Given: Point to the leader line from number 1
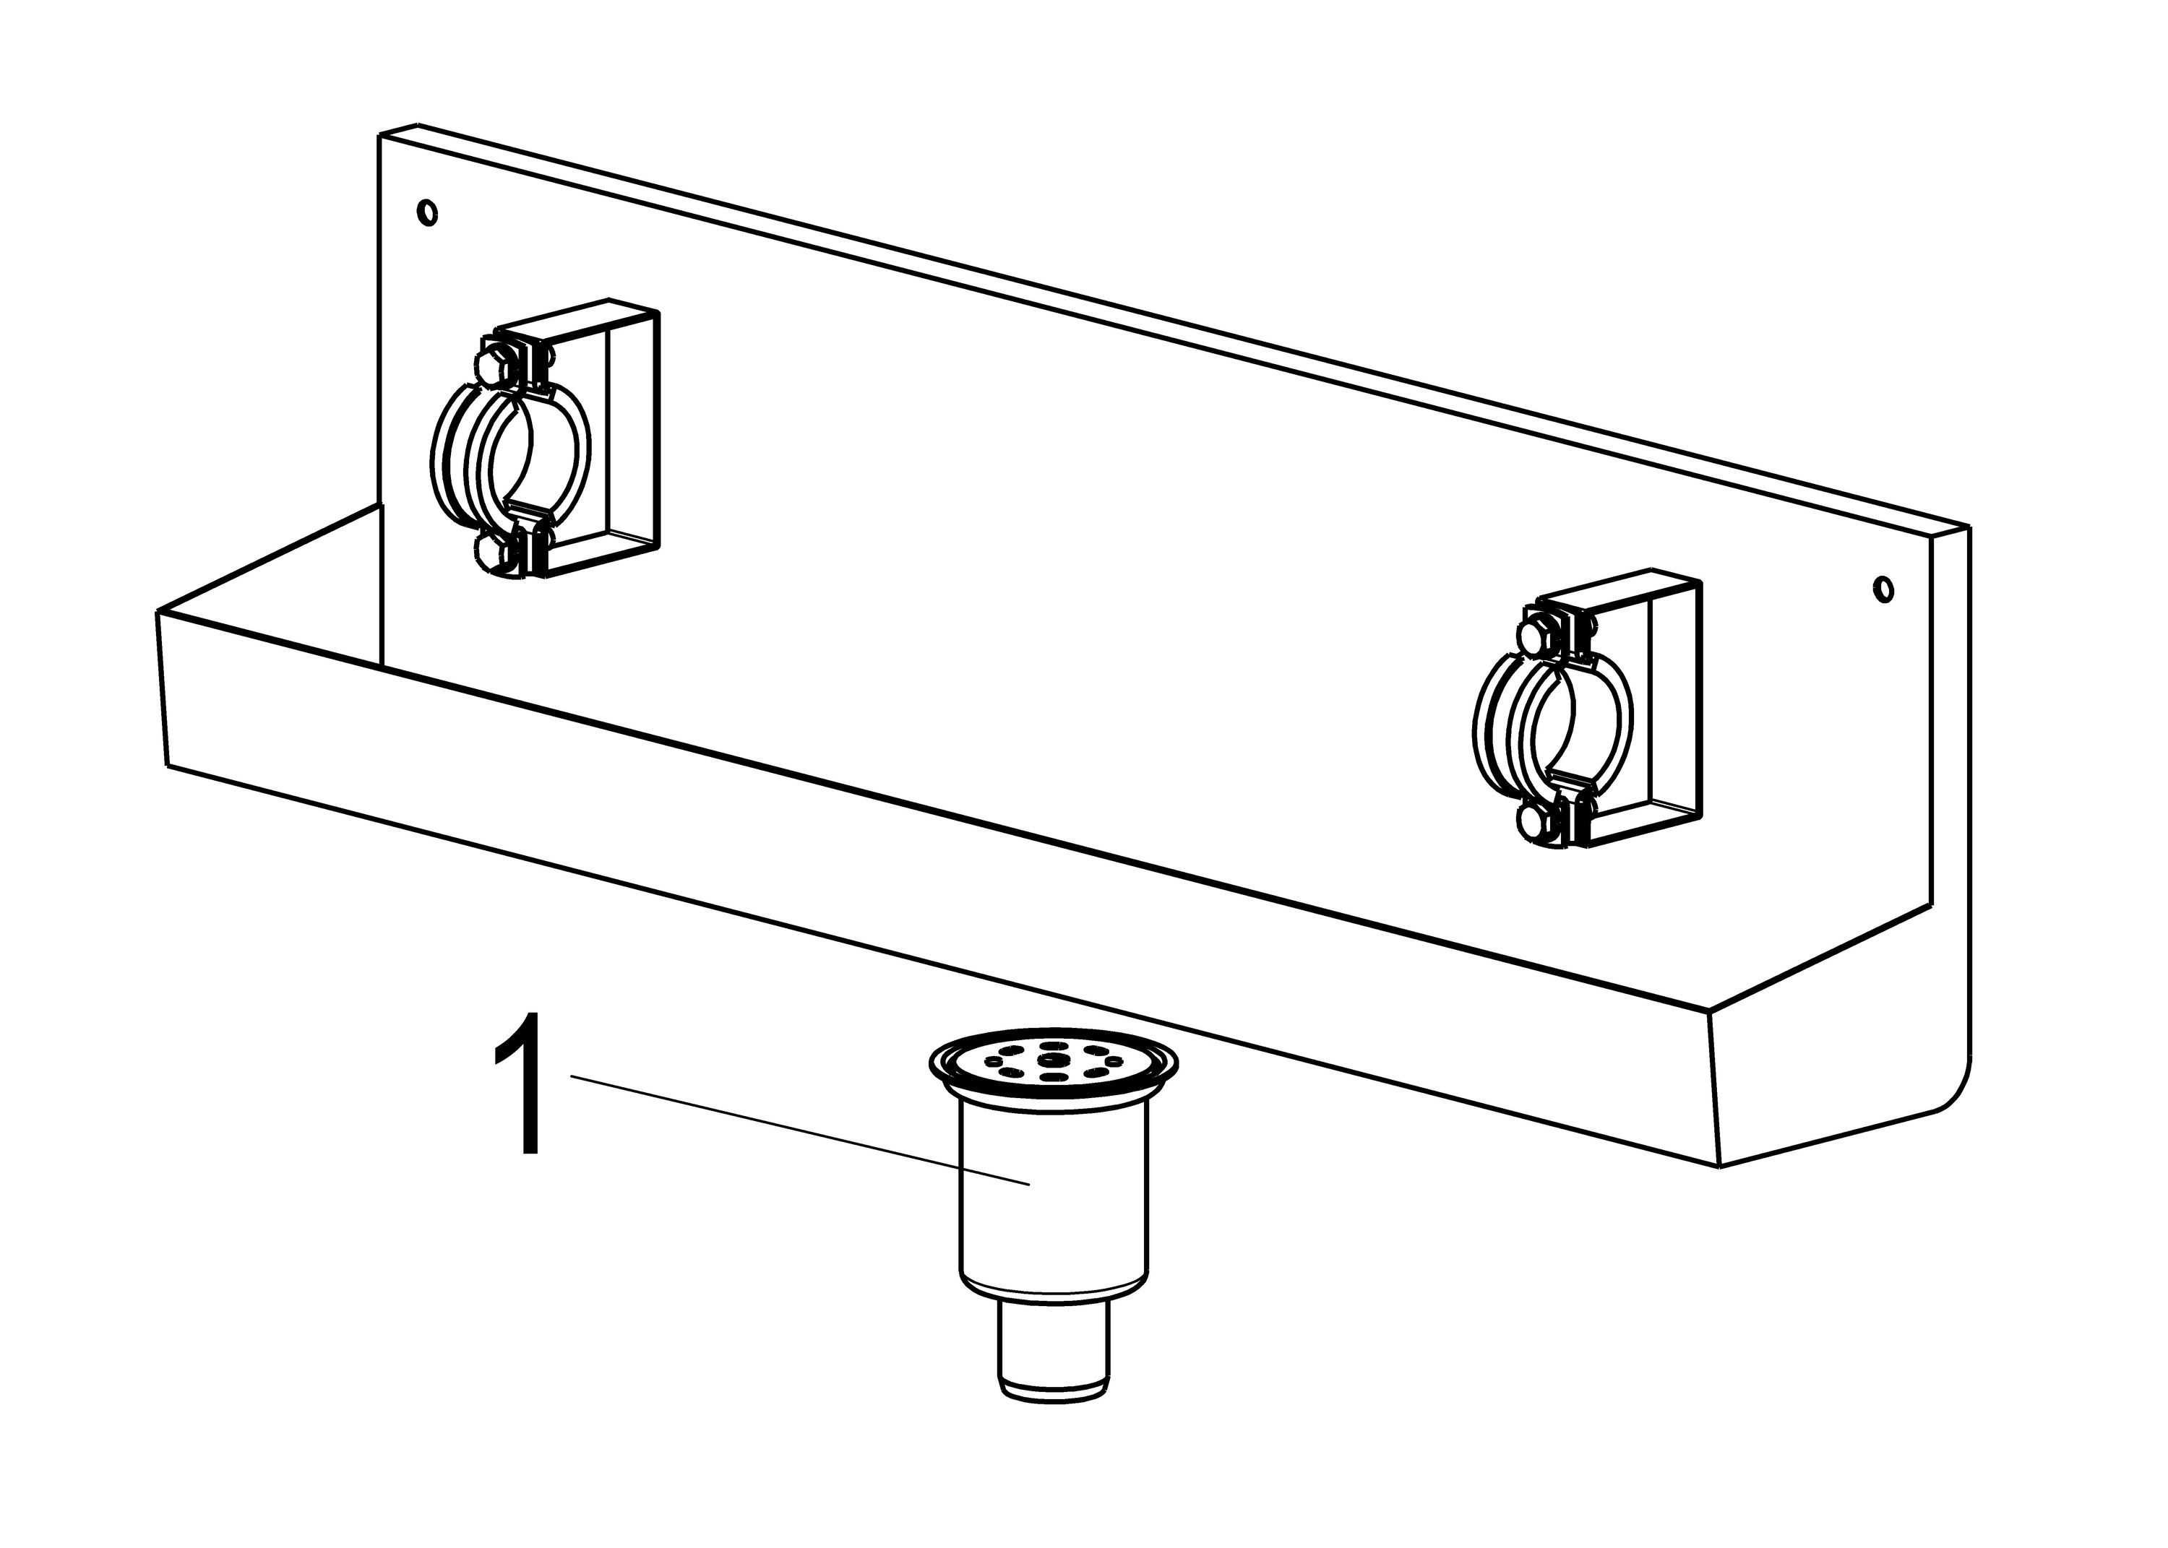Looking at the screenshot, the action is [x=800, y=1130].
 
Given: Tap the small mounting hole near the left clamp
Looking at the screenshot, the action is [x=429, y=212].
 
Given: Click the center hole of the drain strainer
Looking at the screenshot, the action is [x=1051, y=1060].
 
